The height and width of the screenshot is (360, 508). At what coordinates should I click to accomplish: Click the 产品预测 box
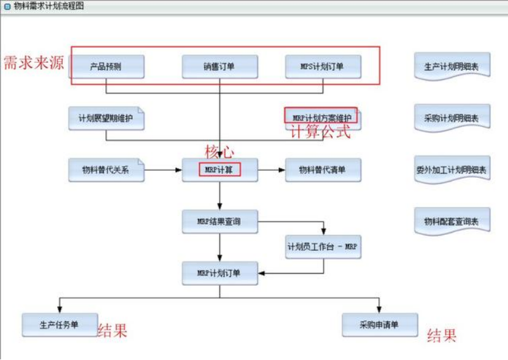tap(106, 67)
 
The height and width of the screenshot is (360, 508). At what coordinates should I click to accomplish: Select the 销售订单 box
tap(220, 67)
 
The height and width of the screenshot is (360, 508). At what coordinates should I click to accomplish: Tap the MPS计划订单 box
tap(323, 67)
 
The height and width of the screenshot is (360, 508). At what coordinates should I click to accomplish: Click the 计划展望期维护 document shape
tap(106, 118)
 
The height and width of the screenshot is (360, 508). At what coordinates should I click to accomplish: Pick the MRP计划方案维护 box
tap(323, 117)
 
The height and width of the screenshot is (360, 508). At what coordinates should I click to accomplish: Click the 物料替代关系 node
tap(106, 170)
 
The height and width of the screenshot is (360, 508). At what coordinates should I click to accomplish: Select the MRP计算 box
tap(220, 170)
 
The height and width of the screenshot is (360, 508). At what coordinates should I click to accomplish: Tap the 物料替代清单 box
tap(323, 170)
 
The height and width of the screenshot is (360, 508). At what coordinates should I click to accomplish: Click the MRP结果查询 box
tap(220, 222)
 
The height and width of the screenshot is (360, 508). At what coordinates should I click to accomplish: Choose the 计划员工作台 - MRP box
tap(323, 247)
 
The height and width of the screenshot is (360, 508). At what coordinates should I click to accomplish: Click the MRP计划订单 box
tap(220, 273)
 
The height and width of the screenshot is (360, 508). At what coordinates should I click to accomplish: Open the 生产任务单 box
tap(60, 325)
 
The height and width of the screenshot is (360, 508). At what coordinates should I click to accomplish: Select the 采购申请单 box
tap(380, 325)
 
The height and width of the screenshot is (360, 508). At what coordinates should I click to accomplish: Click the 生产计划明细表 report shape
tap(452, 66)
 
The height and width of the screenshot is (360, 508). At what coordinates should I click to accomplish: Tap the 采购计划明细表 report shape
tap(452, 118)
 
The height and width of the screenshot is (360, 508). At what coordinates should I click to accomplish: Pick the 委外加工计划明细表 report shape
tap(452, 170)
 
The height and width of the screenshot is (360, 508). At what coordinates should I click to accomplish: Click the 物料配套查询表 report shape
tap(452, 222)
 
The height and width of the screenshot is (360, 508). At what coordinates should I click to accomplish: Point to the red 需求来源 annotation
tap(33, 62)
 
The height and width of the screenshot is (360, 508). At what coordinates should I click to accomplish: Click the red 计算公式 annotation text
tap(320, 133)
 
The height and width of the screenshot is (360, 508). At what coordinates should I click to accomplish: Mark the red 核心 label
tap(219, 152)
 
